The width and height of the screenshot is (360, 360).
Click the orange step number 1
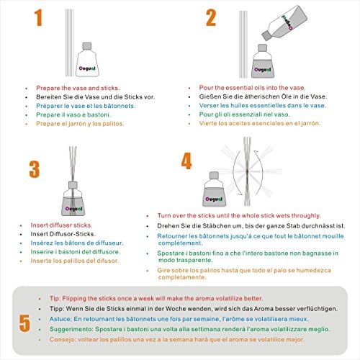tap(39, 17)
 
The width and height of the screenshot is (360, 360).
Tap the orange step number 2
tap(211, 17)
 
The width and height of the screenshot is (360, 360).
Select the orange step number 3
tap(35, 169)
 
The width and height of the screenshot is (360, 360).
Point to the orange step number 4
tap(186, 161)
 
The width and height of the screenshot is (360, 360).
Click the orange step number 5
tap(24, 323)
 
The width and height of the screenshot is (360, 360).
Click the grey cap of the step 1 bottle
tap(87, 46)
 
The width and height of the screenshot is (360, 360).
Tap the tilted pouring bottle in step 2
tap(284, 23)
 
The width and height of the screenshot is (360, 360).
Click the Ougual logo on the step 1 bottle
tap(87, 68)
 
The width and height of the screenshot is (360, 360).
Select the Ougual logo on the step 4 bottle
tap(214, 199)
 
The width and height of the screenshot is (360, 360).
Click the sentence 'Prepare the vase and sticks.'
tap(78, 88)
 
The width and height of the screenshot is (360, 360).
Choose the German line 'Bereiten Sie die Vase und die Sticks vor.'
tap(96, 97)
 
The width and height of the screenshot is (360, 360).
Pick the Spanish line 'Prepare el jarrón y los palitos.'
tap(80, 124)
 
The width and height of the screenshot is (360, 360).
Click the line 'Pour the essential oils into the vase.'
tap(252, 88)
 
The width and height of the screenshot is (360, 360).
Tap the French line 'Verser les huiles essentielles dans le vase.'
tap(263, 105)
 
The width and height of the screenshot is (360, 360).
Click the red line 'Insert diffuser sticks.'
tap(61, 225)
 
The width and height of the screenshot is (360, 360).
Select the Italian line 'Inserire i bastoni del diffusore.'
tap(76, 252)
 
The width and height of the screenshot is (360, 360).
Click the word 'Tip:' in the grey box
tap(55, 298)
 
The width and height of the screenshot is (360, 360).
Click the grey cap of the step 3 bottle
tap(73, 185)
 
